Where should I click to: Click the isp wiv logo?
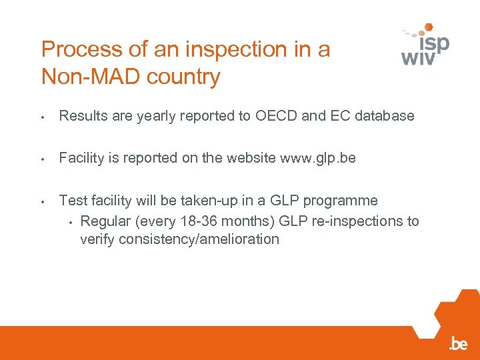425,44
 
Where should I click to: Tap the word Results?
83,116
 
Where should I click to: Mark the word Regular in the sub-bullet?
105,221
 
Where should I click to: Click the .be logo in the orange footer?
458,344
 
